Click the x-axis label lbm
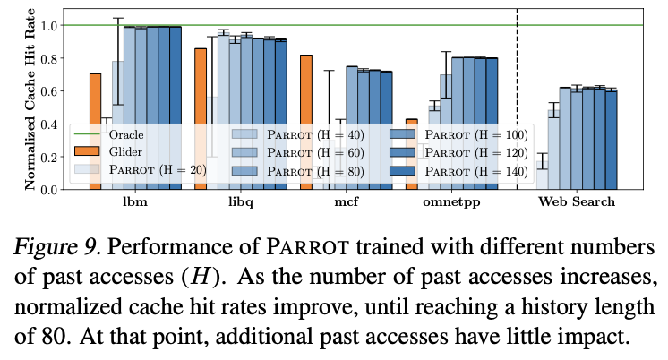point(134,202)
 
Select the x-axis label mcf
point(345,202)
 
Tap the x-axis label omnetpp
point(450,202)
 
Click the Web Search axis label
point(577,202)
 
